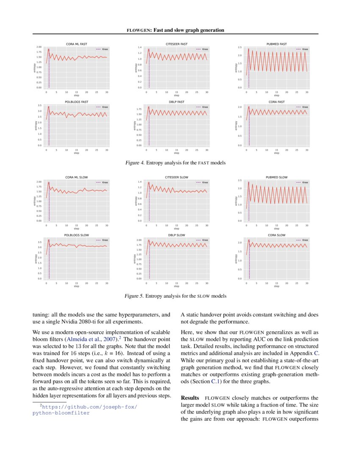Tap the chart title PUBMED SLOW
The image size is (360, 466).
pyautogui.click(x=277, y=177)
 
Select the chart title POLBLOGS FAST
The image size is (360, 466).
pyautogui.click(x=76, y=102)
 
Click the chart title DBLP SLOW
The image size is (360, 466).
pyautogui.click(x=176, y=235)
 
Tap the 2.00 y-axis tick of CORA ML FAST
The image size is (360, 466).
pyautogui.click(x=39, y=47)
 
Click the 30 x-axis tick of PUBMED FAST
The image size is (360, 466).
pyautogui.click(x=307, y=92)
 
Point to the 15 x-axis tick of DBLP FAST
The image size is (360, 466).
pyautogui.click(x=176, y=150)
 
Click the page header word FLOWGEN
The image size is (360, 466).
pyautogui.click(x=138, y=30)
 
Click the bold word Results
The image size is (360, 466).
pyautogui.click(x=190, y=398)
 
